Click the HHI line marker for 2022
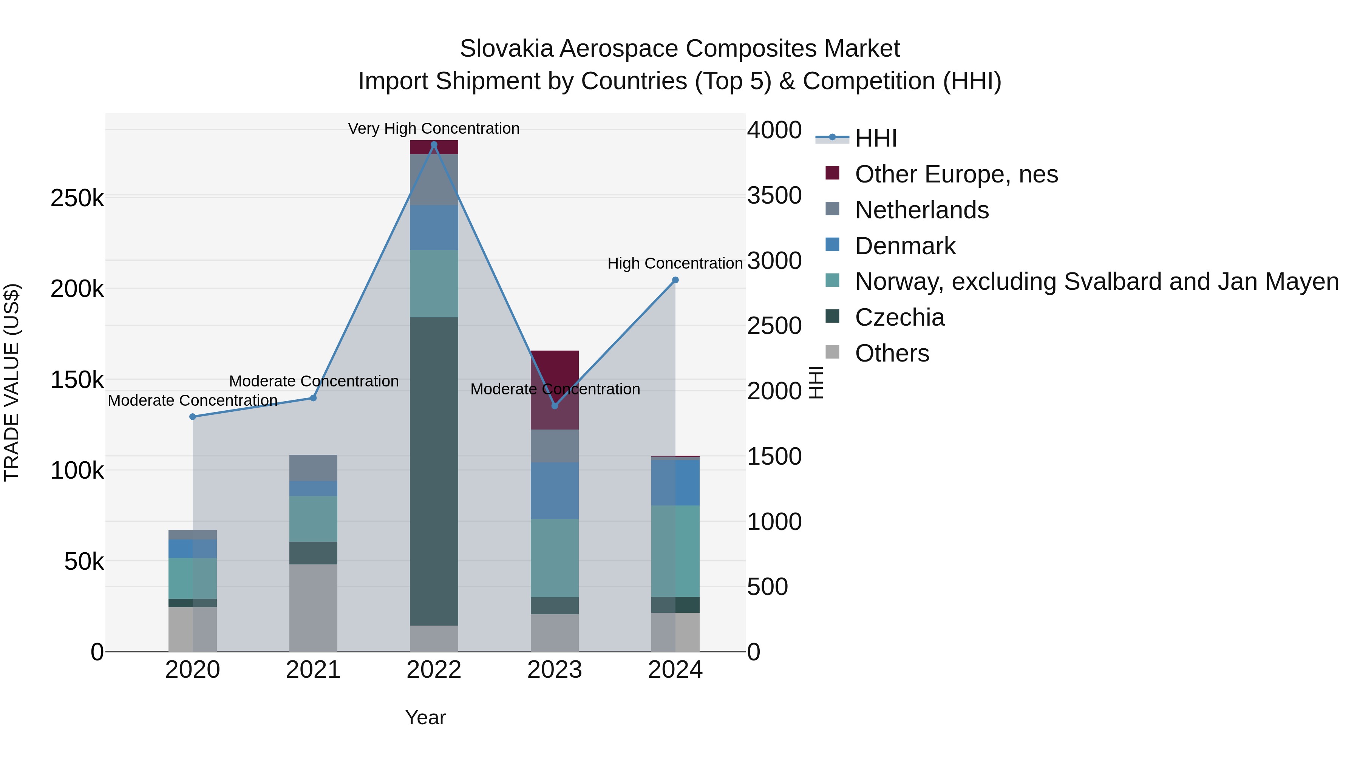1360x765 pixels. (x=434, y=145)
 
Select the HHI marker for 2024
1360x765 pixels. (x=675, y=280)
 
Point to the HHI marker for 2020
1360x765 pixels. (x=193, y=417)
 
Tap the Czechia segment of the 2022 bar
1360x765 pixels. (x=434, y=470)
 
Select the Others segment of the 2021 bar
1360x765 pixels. (x=313, y=607)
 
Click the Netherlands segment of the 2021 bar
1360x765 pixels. (x=313, y=468)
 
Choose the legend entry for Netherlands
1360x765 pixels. (x=921, y=210)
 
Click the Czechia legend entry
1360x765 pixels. (x=899, y=317)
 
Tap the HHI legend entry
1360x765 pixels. (x=875, y=138)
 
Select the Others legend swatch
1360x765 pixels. (x=832, y=352)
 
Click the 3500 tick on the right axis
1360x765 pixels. (x=774, y=195)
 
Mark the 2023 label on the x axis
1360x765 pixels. (x=554, y=670)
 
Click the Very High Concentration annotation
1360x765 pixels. (x=434, y=128)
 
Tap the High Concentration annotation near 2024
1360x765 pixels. (x=675, y=263)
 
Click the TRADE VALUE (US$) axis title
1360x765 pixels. (x=12, y=382)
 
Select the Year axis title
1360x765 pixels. (x=425, y=717)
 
